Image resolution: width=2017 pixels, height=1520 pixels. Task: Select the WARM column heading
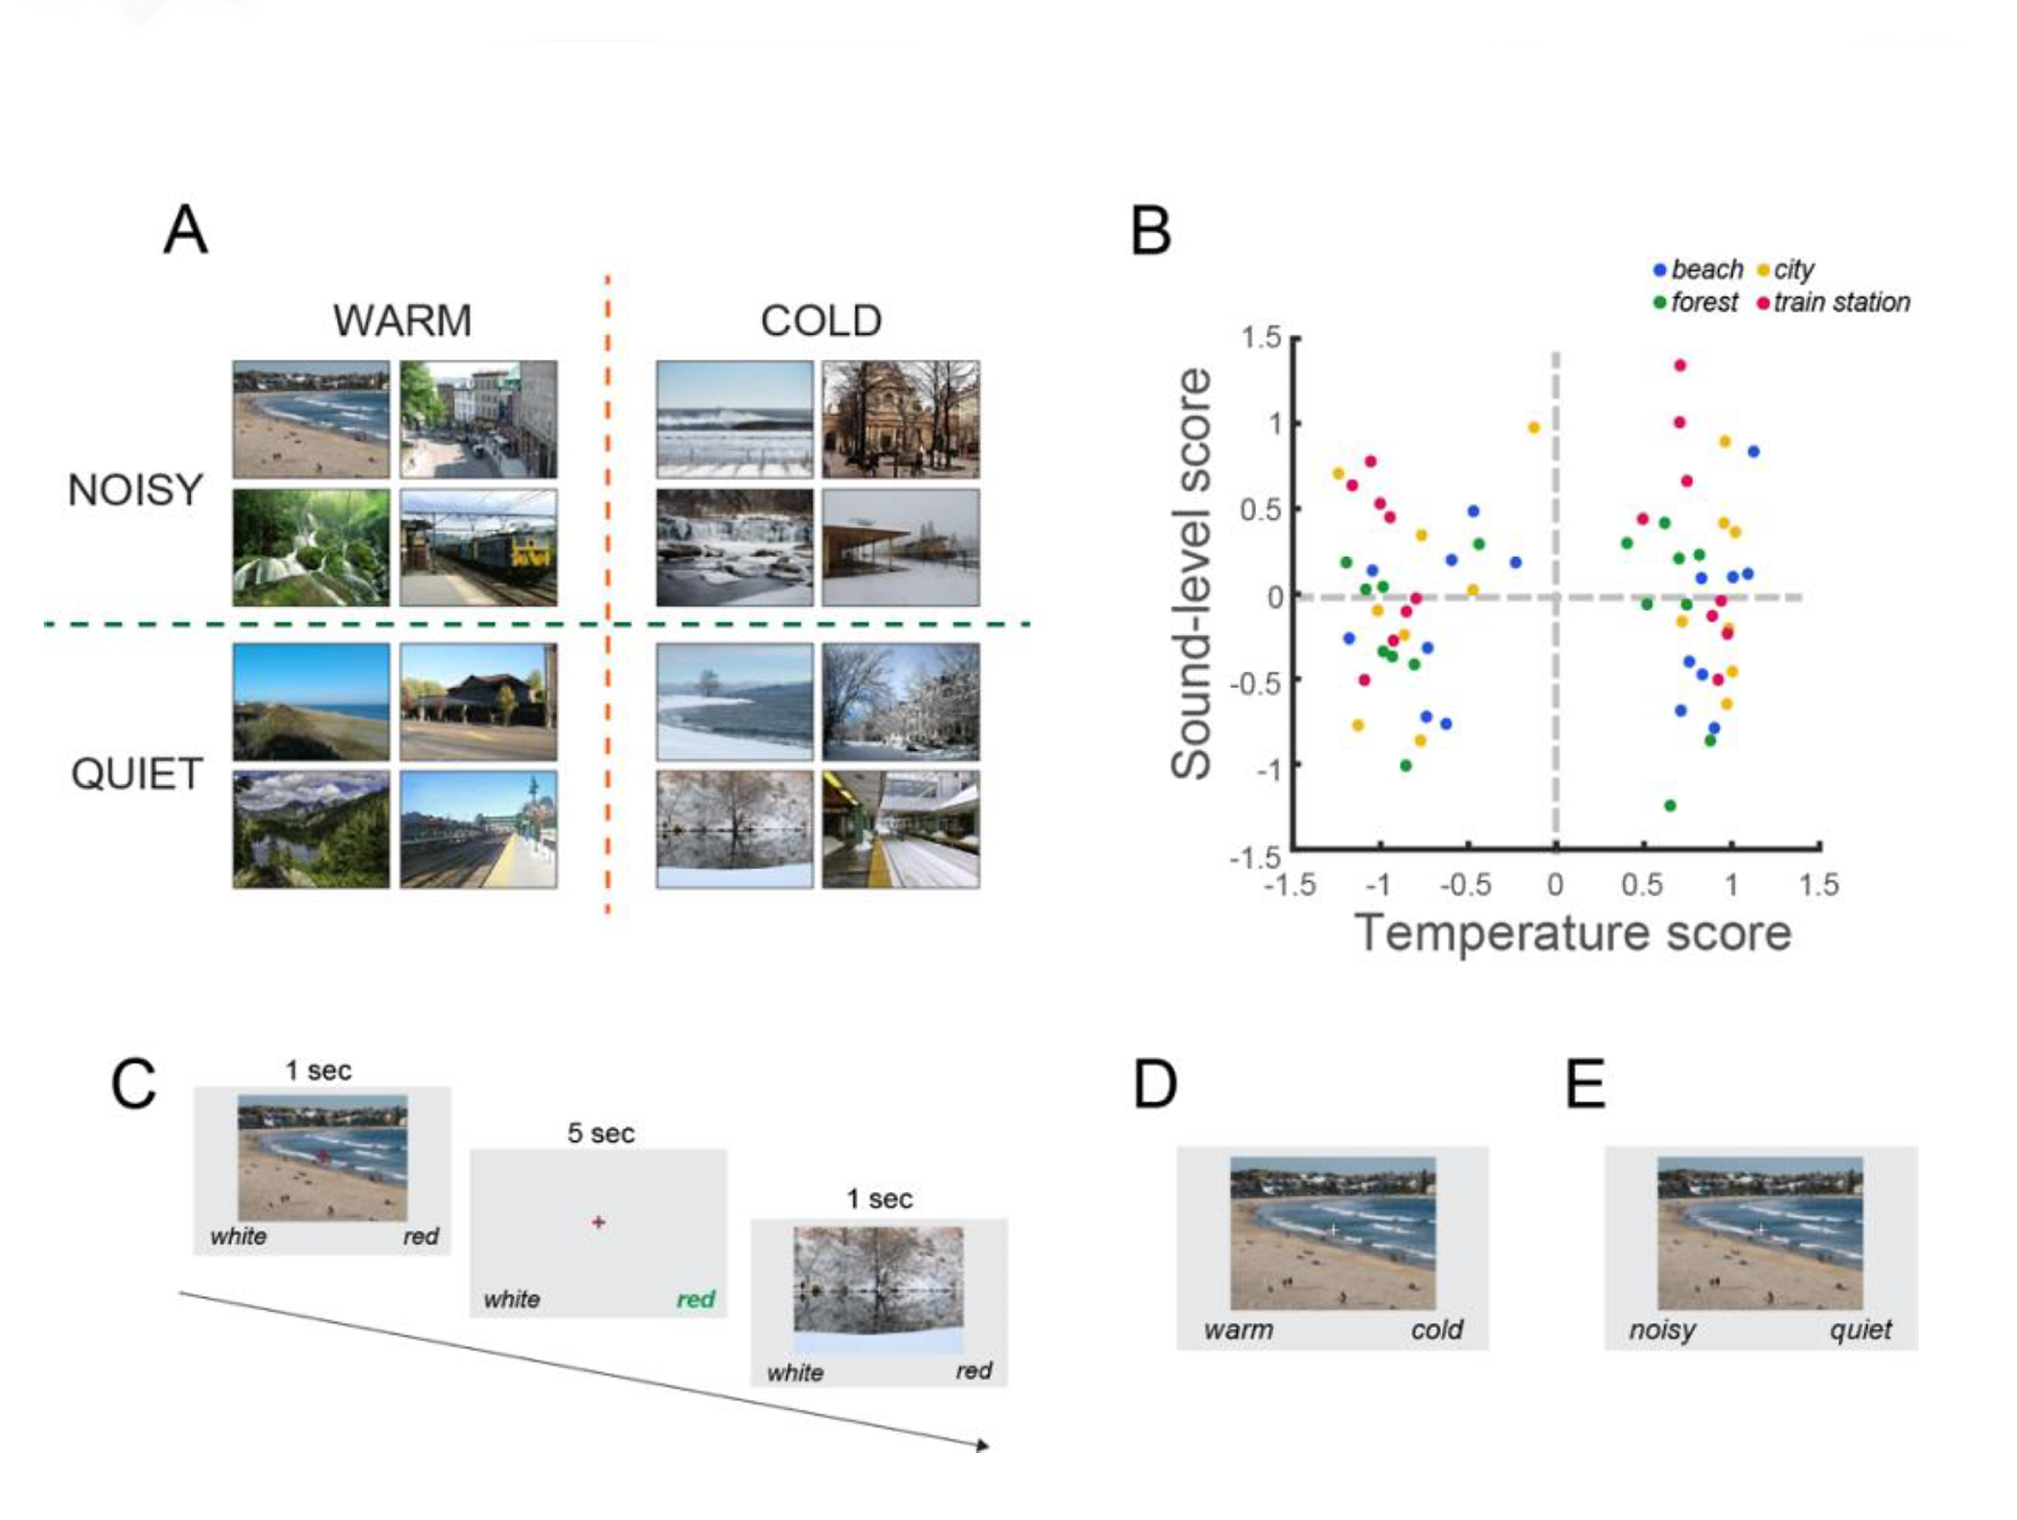pos(402,320)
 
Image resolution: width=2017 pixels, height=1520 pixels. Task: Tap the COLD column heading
pos(821,320)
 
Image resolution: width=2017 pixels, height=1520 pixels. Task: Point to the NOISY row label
pos(135,490)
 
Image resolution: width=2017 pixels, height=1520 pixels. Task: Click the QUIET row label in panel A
pos(136,774)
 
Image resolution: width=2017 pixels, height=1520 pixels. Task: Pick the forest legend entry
pos(1696,303)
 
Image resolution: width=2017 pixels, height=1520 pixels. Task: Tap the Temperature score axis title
pos(1573,932)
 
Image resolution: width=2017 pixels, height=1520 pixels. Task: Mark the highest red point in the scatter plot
pos(1679,365)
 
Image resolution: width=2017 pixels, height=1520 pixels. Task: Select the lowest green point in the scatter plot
pos(1670,806)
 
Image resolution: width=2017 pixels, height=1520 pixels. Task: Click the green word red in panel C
pos(696,1299)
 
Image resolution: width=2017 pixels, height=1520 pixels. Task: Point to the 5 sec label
pos(601,1133)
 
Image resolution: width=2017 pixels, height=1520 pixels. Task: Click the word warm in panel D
pos(1238,1330)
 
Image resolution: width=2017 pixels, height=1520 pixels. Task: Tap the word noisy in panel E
pos(1662,1330)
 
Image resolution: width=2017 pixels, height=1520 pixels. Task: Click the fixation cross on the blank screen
pos(598,1222)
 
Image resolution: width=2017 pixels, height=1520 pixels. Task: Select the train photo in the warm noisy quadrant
pos(479,547)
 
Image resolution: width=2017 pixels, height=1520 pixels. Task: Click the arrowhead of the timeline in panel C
pos(983,1446)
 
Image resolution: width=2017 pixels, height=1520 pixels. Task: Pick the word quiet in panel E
pos(1860,1330)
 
